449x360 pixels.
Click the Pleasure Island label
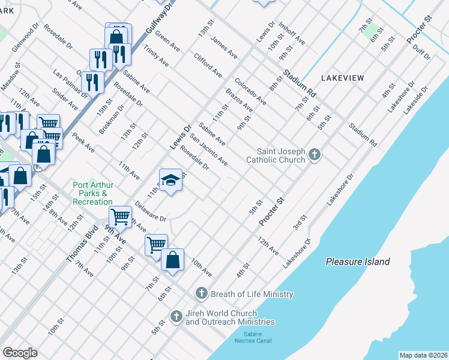[358, 262]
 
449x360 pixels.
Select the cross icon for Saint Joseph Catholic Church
[314, 156]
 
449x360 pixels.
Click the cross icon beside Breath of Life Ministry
[202, 293]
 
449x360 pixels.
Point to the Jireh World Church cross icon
[176, 316]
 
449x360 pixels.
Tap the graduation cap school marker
[170, 180]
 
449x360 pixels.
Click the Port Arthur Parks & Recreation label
[92, 194]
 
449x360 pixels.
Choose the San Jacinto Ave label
[208, 150]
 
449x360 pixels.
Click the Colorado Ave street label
[250, 91]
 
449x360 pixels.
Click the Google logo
[20, 353]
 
